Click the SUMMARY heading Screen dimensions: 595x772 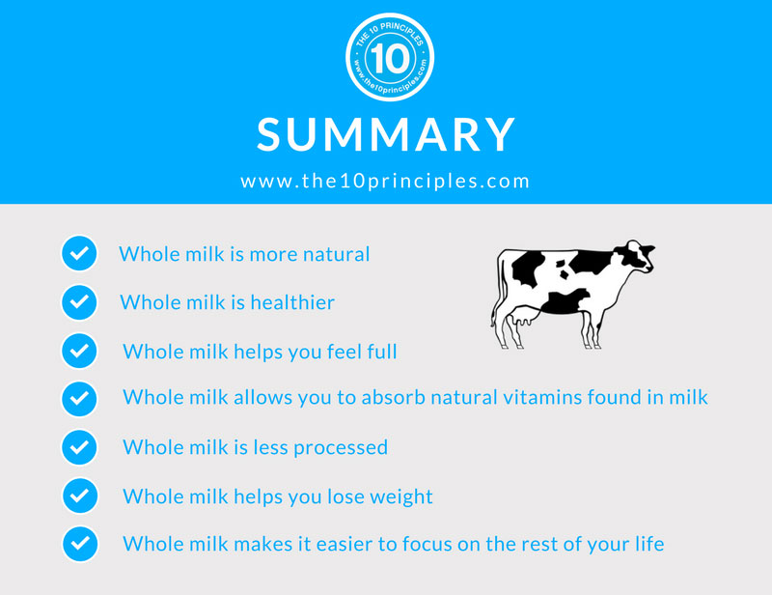pyautogui.click(x=386, y=134)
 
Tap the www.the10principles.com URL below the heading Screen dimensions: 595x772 pyautogui.click(x=386, y=181)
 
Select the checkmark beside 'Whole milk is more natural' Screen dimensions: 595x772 pyautogui.click(x=78, y=254)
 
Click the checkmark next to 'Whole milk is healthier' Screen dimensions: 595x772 pyautogui.click(x=78, y=302)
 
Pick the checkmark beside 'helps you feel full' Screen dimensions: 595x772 pyautogui.click(x=78, y=351)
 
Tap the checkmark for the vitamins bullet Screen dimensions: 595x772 pyautogui.click(x=78, y=398)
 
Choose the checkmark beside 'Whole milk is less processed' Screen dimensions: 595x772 pyautogui.click(x=78, y=447)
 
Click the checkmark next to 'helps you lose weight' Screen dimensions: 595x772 pyautogui.click(x=78, y=496)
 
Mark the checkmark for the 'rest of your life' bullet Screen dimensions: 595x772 pyautogui.click(x=78, y=544)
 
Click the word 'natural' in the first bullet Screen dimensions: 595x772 pyautogui.click(x=336, y=255)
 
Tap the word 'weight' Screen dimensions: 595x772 pyautogui.click(x=400, y=496)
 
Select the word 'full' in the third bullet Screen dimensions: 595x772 pyautogui.click(x=379, y=352)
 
